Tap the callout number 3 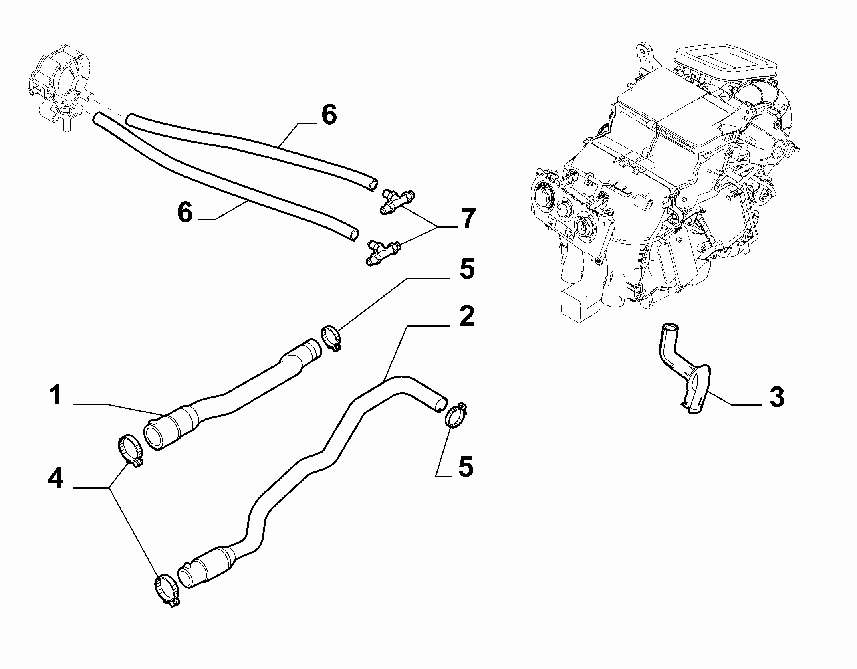(x=777, y=398)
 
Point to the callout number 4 (x=55, y=478)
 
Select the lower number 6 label (x=185, y=212)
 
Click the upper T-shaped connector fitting (x=398, y=201)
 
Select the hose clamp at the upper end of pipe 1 (x=331, y=338)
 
